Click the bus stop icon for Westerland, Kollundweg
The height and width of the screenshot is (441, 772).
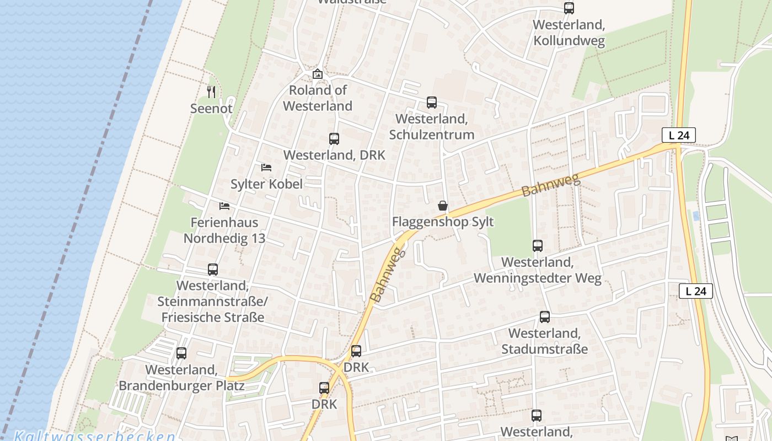tap(569, 8)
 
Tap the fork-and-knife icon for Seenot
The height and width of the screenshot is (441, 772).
tap(211, 92)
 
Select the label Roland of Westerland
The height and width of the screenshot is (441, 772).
tap(318, 98)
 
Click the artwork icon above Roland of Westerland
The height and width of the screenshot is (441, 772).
tap(318, 74)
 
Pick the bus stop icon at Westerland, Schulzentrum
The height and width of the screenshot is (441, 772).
tap(431, 103)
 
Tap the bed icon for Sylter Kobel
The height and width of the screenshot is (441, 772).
tap(266, 167)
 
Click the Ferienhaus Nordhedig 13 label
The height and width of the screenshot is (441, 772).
tap(224, 230)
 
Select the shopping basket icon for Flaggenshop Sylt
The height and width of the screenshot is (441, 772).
tap(442, 206)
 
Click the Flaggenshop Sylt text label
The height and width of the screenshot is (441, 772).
tap(442, 222)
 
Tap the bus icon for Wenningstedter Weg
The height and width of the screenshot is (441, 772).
tap(538, 246)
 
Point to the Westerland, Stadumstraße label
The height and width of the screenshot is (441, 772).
tap(544, 341)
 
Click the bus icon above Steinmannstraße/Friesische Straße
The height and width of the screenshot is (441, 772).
tap(213, 270)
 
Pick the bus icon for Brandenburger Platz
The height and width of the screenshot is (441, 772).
tap(181, 353)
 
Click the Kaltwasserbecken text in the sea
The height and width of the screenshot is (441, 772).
tap(95, 435)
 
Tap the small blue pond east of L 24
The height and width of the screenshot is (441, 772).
tap(696, 216)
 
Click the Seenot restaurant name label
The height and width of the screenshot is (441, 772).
tap(211, 109)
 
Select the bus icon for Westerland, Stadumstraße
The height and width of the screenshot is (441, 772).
tap(544, 317)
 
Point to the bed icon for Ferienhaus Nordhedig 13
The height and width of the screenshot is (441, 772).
tap(224, 206)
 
